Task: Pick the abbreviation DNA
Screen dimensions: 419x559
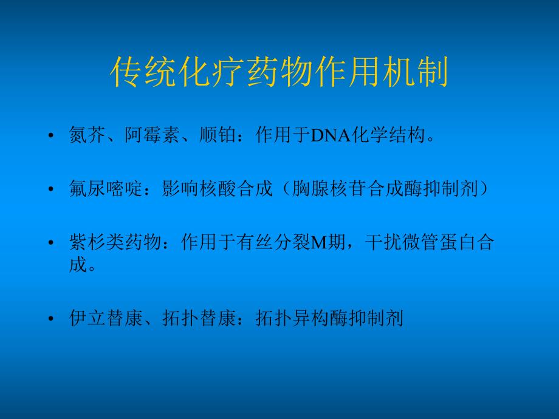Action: [328, 135]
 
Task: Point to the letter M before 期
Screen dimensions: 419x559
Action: [319, 243]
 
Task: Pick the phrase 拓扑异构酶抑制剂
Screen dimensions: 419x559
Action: [329, 318]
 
